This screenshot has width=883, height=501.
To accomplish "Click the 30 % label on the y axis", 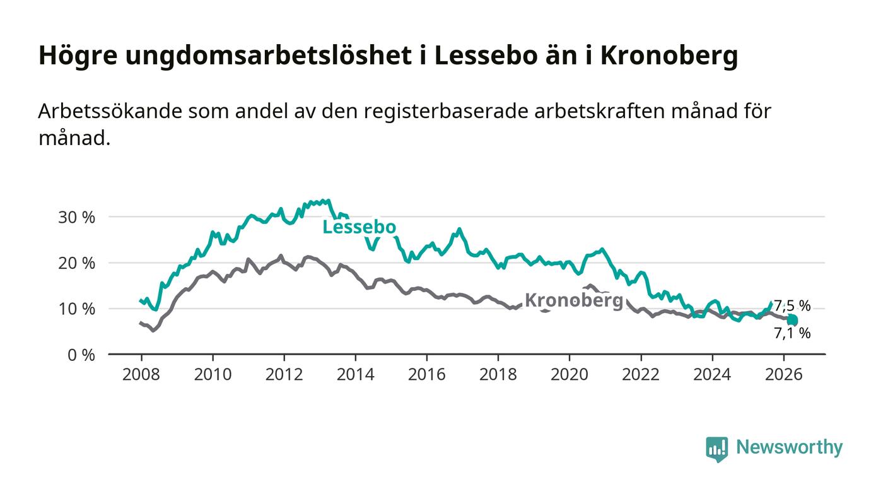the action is [x=76, y=217].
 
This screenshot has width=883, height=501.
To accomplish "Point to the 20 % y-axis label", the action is [x=76, y=263].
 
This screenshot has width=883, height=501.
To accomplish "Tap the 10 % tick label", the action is [x=76, y=309].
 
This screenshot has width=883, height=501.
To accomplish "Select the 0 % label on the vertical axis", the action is [x=81, y=355].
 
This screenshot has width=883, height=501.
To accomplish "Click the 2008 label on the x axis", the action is [x=141, y=374].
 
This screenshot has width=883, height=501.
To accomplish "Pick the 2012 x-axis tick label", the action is [x=284, y=374].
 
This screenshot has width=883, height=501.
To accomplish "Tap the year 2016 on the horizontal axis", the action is [x=426, y=374].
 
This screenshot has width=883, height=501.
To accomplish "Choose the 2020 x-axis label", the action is [x=569, y=374].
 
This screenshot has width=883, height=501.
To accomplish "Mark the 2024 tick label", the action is [x=712, y=374].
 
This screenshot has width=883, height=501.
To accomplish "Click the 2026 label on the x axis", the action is [x=783, y=374].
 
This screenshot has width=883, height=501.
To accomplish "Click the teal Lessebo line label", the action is [x=359, y=227].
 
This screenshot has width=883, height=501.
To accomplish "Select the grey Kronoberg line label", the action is [x=574, y=301].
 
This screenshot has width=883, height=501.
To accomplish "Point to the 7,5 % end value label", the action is [x=792, y=306].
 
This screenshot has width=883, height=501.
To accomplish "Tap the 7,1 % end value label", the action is [x=792, y=333].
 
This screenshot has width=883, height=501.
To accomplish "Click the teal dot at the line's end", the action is [x=792, y=320].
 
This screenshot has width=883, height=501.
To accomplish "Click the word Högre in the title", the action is [x=78, y=56].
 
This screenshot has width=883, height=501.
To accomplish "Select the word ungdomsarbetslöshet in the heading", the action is [x=269, y=56].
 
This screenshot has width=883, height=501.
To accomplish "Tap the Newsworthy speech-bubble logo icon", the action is [x=716, y=449].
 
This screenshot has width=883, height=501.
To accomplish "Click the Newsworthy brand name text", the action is [x=789, y=447].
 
